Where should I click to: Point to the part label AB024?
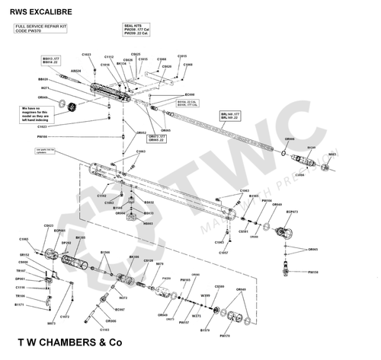pyautogui.click(x=75, y=71)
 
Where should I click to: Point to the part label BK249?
pyautogui.click(x=311, y=147)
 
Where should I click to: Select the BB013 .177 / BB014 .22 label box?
pyautogui.click(x=51, y=60)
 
